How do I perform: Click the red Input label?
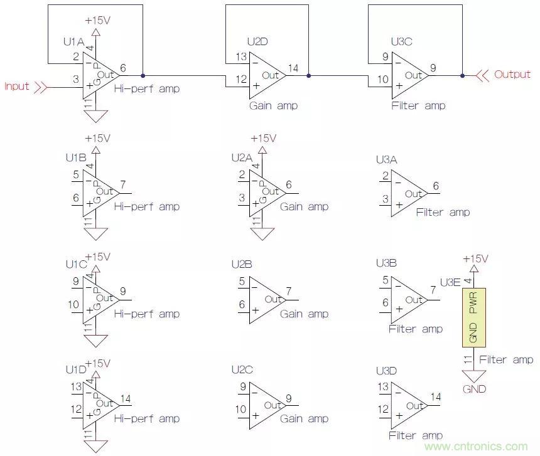17,86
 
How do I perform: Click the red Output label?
512,74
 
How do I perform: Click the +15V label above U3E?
475,258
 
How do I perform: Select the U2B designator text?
242,265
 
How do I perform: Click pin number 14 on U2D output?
293,67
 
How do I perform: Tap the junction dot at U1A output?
143,75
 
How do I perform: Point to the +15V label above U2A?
263,139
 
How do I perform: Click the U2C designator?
242,370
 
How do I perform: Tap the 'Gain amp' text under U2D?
273,105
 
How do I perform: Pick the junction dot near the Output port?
462,75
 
